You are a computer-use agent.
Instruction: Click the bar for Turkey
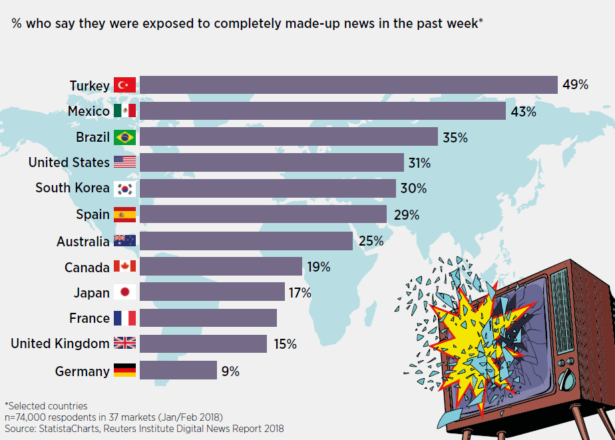click(x=348, y=85)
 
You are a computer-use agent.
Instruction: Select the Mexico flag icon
click(x=124, y=110)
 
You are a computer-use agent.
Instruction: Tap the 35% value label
click(x=455, y=138)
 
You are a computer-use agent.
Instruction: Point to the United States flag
click(x=124, y=162)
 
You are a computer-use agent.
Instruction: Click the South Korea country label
click(x=73, y=188)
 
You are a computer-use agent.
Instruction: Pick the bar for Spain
click(x=263, y=214)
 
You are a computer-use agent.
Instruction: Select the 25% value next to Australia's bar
click(x=371, y=241)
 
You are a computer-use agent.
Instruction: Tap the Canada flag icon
click(x=124, y=267)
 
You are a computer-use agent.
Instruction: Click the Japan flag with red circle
click(x=124, y=292)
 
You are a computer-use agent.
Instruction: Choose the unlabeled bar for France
click(x=208, y=318)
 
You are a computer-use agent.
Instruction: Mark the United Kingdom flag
click(x=124, y=343)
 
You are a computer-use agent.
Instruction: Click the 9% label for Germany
click(x=230, y=371)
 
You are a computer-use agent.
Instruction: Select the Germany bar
click(x=178, y=370)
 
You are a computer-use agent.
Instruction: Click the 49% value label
click(x=575, y=85)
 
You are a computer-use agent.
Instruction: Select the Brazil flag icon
click(x=124, y=137)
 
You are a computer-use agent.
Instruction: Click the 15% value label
click(x=284, y=344)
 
